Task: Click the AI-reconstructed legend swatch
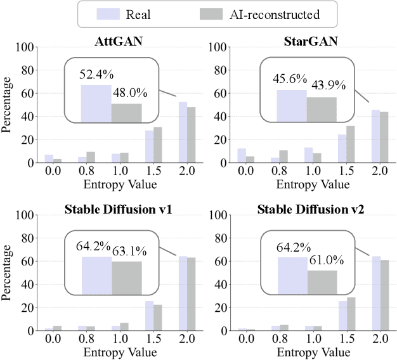[x=216, y=14]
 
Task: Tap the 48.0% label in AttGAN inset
[x=129, y=93]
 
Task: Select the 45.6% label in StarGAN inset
[x=291, y=80]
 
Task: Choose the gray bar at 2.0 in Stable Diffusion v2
[x=385, y=295]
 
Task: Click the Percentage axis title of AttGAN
[x=8, y=105]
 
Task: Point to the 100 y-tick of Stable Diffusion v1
[x=26, y=215]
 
